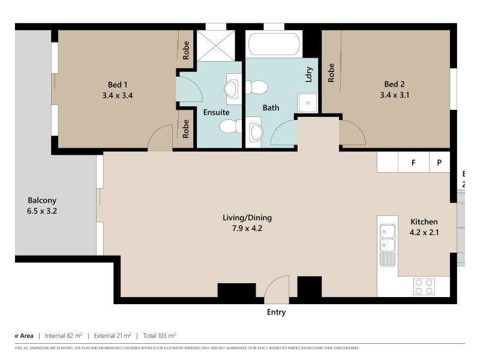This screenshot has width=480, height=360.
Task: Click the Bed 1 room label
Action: click(118, 85)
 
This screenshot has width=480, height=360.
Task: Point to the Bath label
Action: click(271, 108)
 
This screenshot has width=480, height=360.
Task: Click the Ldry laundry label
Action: click(309, 74)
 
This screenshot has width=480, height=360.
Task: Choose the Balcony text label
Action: click(43, 200)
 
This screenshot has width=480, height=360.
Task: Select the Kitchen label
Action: click(424, 221)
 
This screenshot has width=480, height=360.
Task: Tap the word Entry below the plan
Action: click(276, 312)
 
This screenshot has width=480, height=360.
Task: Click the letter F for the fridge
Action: click(413, 163)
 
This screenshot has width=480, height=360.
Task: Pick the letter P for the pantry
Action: click(439, 163)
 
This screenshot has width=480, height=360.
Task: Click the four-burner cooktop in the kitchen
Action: click(424, 286)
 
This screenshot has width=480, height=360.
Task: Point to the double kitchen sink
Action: click(387, 238)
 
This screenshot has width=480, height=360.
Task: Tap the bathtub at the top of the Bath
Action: click(274, 44)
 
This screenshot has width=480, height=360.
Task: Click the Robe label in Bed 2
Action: click(331, 73)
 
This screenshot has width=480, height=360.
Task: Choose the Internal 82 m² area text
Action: click(60, 335)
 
